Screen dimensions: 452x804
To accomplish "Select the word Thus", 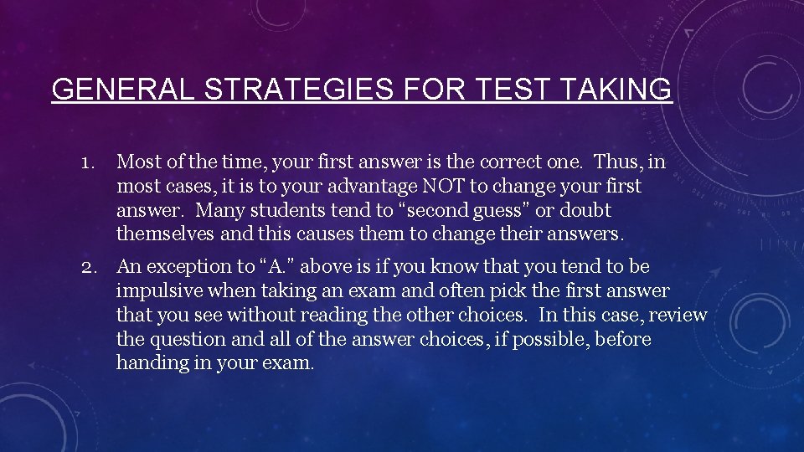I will [x=618, y=162].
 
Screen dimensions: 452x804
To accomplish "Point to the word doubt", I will [x=585, y=210].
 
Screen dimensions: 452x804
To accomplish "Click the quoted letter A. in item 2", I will [x=279, y=267].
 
